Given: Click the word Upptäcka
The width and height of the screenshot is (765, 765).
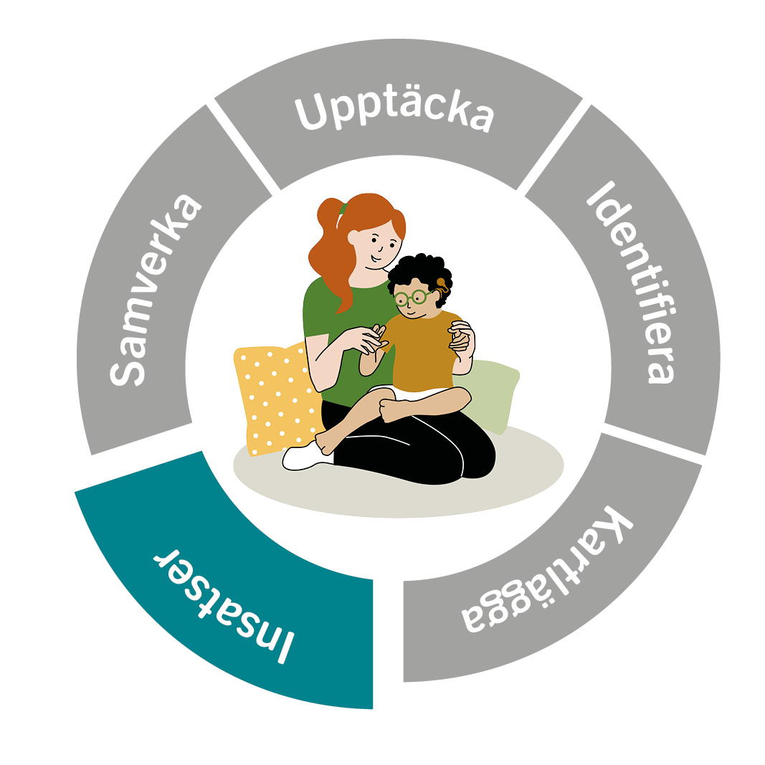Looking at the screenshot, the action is (394, 113).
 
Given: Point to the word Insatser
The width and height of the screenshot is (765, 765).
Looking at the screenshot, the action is (224, 605).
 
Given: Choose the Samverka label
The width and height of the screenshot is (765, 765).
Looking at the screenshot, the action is (155, 290).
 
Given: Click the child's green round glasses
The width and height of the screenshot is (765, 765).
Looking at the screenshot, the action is (412, 297).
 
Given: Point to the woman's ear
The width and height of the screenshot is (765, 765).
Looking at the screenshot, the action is (353, 237).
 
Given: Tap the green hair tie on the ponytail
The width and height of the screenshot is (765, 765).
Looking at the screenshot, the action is (343, 209).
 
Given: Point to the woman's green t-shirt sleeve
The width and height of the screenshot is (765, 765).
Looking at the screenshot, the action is (315, 313).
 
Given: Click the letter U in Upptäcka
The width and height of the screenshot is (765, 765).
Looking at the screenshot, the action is (310, 113).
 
